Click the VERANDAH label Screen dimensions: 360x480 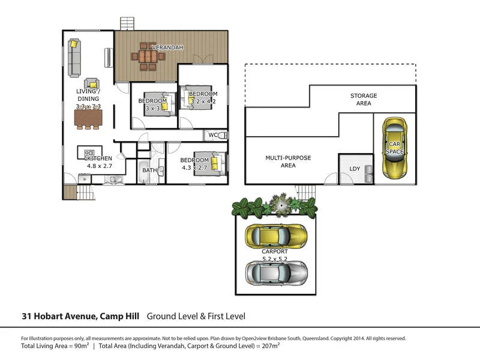[x=167, y=47]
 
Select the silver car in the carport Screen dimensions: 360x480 [x=276, y=273]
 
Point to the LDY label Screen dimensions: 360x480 [x=355, y=169]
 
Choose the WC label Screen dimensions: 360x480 [x=212, y=135]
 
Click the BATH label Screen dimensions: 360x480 [x=149, y=170]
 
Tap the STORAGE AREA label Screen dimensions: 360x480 [x=364, y=100]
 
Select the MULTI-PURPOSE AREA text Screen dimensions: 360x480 [x=288, y=161]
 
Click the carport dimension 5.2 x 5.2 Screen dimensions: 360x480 [x=275, y=259]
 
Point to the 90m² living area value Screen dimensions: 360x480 [x=79, y=346]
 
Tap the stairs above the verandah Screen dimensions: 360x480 [x=127, y=23]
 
